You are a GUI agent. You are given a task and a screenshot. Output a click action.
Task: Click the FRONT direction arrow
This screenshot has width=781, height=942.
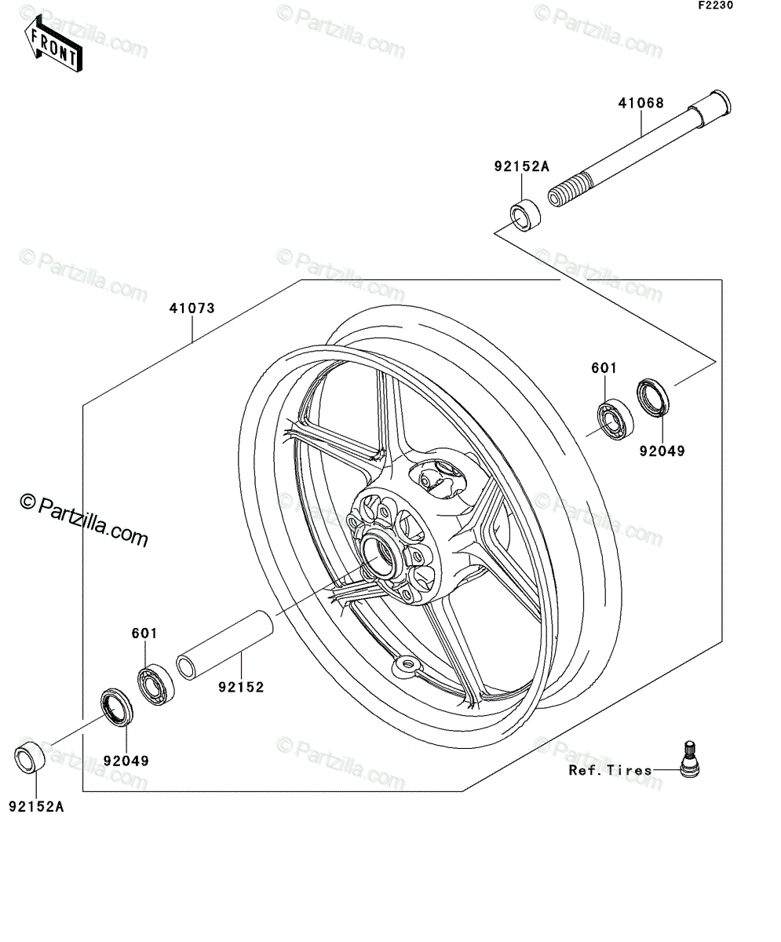point(53,43)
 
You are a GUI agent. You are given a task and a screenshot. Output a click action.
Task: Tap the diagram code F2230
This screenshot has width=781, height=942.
point(716,5)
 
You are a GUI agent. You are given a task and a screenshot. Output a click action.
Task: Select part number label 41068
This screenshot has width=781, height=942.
point(640,104)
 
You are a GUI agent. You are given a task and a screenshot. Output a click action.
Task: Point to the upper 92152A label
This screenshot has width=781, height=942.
point(521,167)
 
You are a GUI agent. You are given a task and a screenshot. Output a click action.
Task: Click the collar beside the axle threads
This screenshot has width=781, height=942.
point(525,216)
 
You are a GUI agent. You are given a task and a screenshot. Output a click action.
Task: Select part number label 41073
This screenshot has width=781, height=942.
point(192,309)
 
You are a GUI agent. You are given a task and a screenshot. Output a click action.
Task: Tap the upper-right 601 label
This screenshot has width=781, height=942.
point(604,368)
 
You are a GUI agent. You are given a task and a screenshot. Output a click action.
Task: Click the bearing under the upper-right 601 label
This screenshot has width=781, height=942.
point(615,419)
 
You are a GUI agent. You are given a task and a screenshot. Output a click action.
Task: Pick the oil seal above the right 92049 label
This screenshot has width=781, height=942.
point(653,397)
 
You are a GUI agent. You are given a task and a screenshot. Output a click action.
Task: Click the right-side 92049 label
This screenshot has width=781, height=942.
point(662,451)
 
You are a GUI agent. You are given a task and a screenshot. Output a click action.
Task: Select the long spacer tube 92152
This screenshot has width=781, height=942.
point(224,646)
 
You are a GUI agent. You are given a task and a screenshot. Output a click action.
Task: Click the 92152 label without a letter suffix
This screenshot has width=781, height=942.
point(242,688)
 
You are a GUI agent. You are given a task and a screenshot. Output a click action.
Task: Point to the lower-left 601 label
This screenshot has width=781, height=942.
point(144,633)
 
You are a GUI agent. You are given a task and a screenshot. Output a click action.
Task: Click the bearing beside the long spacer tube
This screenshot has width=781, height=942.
point(155,685)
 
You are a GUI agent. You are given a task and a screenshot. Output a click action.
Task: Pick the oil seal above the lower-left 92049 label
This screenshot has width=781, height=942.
point(116,707)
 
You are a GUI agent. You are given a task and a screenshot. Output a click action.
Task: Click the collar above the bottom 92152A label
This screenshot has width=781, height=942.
point(30,757)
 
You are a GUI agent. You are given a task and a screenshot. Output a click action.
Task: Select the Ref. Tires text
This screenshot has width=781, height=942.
point(611,770)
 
